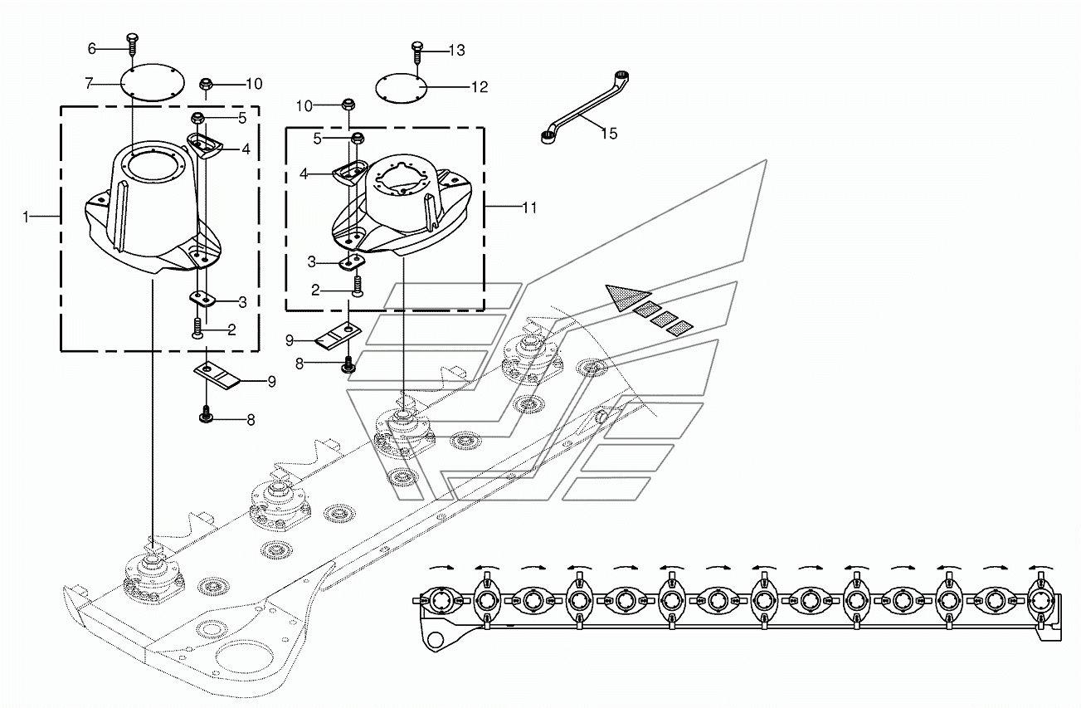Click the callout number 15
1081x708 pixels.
pyautogui.click(x=609, y=134)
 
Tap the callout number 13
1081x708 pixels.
pyautogui.click(x=456, y=51)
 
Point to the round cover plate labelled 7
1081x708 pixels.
pyautogui.click(x=152, y=83)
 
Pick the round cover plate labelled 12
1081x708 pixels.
pyautogui.click(x=402, y=88)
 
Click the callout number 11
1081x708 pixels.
pyautogui.click(x=529, y=208)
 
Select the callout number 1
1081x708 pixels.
pyautogui.click(x=26, y=217)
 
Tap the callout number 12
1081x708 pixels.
pyautogui.click(x=480, y=87)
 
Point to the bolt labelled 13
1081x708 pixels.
pyautogui.click(x=417, y=52)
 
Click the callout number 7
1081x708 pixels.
pyautogui.click(x=89, y=84)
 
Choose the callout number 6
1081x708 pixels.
pyautogui.click(x=92, y=48)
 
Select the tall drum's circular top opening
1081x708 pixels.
pyautogui.click(x=152, y=167)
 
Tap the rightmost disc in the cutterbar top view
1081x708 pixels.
pyautogui.click(x=1042, y=600)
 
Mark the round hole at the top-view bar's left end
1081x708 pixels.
pyautogui.click(x=436, y=640)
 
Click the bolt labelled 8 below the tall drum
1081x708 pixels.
pyautogui.click(x=207, y=414)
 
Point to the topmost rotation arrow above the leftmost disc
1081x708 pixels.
pyautogui.click(x=440, y=568)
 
